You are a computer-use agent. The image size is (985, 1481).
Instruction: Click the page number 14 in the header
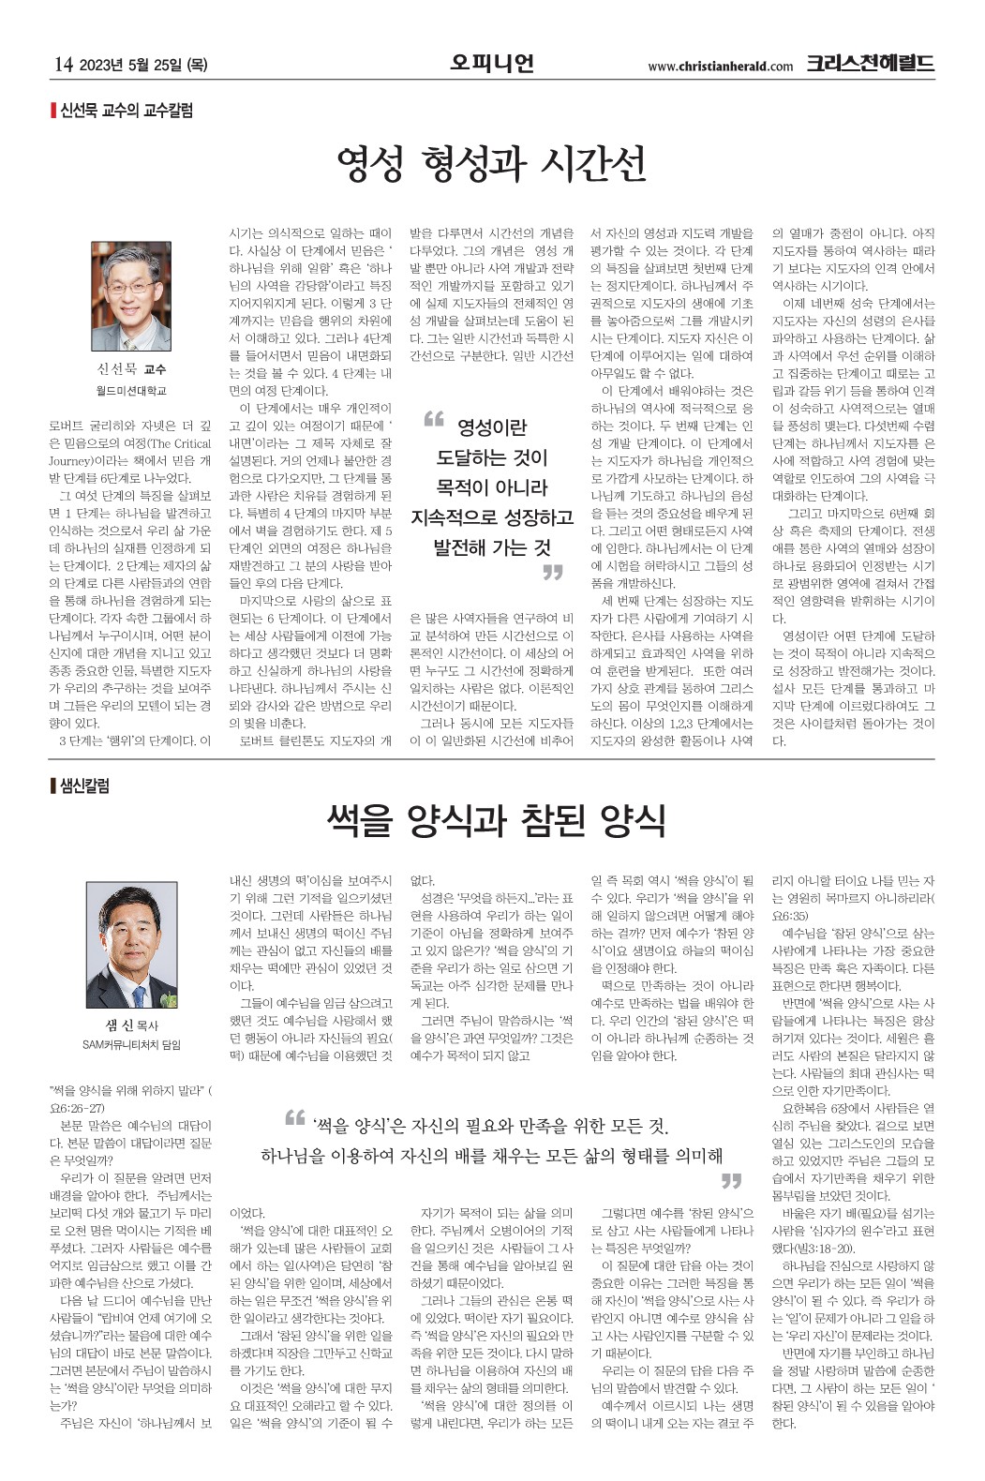(63, 65)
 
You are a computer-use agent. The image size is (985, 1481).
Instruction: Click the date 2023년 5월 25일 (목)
(144, 65)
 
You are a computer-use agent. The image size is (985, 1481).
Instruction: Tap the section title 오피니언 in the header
(492, 63)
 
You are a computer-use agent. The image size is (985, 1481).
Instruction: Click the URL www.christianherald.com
(720, 66)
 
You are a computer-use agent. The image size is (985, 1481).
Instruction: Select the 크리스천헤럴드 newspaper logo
(870, 64)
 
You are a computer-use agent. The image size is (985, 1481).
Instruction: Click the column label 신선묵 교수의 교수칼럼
(126, 111)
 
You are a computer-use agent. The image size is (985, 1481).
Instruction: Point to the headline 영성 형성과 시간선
(492, 164)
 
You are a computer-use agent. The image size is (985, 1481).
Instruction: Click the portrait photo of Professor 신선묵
(131, 295)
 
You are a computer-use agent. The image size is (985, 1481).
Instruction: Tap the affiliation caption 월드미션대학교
(131, 390)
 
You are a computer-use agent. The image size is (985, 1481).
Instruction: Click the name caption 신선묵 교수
(131, 369)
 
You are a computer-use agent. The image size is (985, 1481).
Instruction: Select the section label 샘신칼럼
(84, 785)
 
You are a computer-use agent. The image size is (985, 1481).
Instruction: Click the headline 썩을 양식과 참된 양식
(496, 819)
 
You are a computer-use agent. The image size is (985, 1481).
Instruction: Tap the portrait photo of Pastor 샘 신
(131, 944)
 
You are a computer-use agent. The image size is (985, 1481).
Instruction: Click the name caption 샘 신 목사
(131, 1025)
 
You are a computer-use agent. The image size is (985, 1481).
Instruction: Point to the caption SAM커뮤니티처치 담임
(131, 1044)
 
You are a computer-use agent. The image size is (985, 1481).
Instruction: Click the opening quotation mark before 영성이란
(433, 419)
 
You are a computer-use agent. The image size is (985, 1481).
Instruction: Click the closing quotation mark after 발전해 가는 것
(552, 572)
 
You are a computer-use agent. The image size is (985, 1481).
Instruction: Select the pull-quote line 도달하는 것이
(491, 457)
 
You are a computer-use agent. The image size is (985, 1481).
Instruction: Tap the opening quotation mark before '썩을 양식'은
(294, 1117)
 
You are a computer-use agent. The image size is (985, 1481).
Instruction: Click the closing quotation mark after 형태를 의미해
(730, 1179)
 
